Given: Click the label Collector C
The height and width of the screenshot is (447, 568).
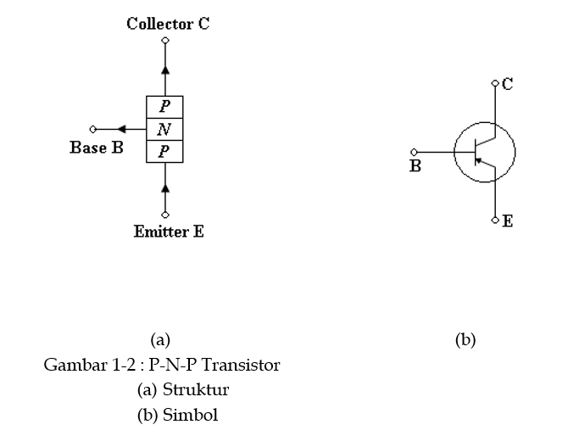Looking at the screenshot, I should point(168,24).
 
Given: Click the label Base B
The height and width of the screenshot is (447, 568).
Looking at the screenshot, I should point(97,148).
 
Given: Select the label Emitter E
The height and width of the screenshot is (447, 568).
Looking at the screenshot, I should point(169,231).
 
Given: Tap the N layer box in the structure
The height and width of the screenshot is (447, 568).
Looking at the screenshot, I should point(164,130).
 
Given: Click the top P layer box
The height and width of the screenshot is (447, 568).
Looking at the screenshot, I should point(164,106).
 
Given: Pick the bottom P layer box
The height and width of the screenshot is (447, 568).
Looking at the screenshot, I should point(164,152).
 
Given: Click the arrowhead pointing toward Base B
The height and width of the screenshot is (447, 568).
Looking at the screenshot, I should point(122,129).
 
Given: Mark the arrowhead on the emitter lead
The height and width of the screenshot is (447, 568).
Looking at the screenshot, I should point(165,186).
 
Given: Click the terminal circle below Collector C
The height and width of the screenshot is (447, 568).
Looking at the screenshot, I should point(165,40).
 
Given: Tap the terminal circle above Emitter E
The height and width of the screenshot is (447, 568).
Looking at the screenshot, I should point(165,215).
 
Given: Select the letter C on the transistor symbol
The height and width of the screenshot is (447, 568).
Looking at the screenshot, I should point(507,84).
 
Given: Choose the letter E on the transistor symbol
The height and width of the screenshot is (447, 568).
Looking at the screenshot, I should point(507,221).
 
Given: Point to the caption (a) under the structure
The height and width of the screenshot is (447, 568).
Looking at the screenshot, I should point(160,340).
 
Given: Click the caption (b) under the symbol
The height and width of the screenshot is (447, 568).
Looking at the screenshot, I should point(465,340).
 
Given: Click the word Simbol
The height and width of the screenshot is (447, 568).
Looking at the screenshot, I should point(192,416).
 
